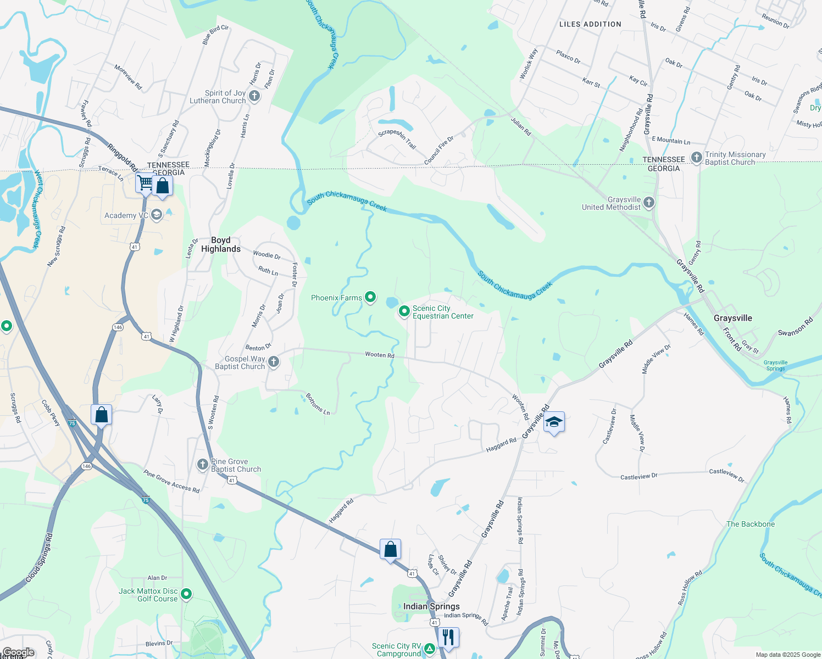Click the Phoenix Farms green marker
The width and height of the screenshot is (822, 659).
370,297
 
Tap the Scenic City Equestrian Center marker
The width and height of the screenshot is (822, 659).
404,311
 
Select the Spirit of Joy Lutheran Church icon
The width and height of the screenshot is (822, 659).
254,96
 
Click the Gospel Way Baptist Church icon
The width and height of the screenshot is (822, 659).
274,361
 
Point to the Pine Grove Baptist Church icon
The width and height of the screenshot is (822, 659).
203,465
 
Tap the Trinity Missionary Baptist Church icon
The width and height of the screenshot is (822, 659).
697,158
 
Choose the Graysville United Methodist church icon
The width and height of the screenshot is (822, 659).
649,203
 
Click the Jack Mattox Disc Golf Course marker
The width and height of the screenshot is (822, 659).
186,594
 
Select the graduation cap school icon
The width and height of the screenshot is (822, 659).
554,422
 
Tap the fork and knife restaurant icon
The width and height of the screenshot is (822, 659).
448,638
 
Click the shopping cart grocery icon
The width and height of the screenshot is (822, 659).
146,182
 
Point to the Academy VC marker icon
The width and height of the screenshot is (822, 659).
157,215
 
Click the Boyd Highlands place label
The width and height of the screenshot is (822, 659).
221,244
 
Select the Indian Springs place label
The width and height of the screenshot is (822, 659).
431,606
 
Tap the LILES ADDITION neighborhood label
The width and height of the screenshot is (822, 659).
590,24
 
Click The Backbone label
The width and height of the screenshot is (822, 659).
751,524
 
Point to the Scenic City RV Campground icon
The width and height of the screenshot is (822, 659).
429,649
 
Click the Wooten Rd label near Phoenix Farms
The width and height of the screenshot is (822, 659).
380,355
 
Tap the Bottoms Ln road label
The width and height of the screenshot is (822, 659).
318,404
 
